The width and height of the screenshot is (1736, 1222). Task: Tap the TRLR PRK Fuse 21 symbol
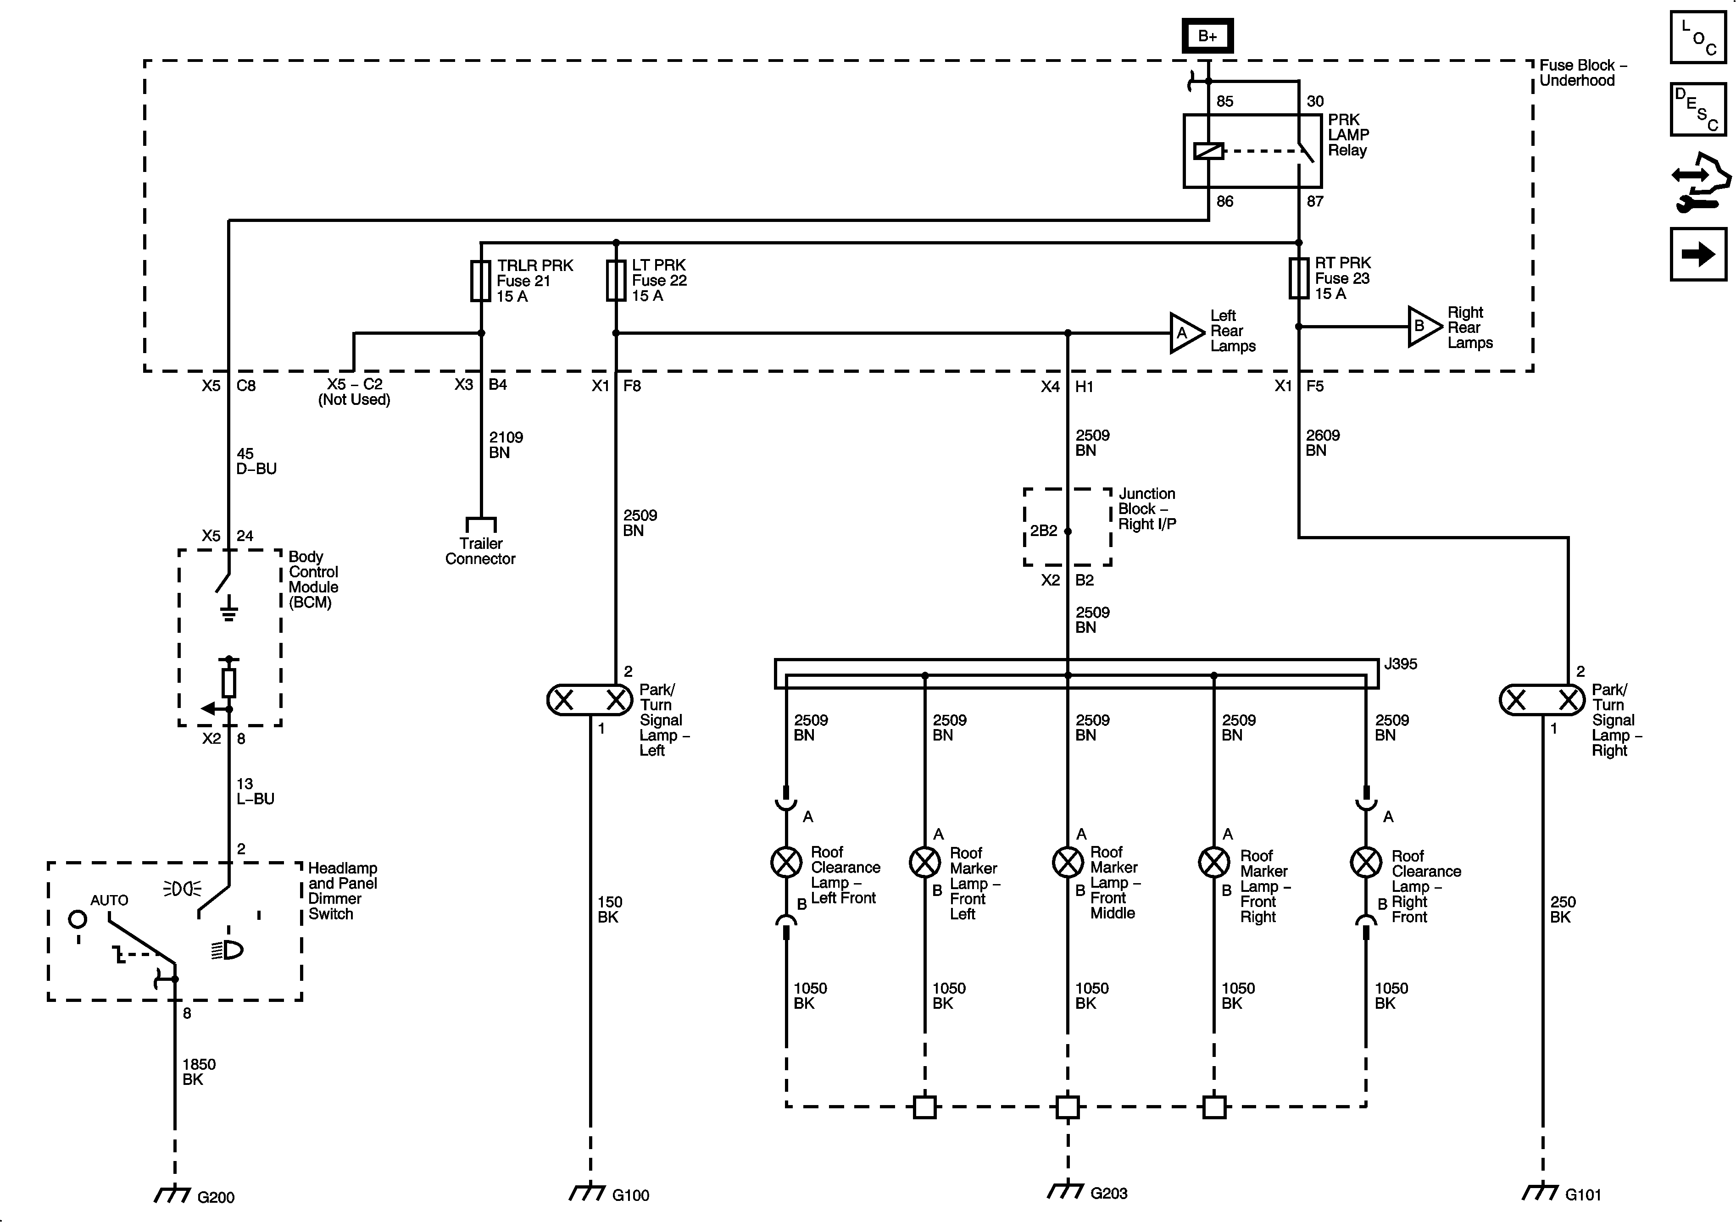[x=481, y=281]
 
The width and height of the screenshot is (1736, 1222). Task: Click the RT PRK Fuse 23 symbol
[x=1299, y=278]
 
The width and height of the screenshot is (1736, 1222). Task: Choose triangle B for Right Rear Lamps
[x=1423, y=326]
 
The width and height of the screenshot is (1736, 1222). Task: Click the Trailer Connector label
[x=480, y=551]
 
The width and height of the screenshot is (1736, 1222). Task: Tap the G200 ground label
[x=216, y=1197]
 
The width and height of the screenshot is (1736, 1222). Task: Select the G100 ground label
[x=631, y=1195]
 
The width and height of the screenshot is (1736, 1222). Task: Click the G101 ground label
[x=1583, y=1195]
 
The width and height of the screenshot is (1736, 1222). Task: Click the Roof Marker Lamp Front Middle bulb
[x=1068, y=862]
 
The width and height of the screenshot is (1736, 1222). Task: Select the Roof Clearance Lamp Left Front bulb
[x=786, y=862]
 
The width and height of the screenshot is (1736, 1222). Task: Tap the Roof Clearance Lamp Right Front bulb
[x=1365, y=862]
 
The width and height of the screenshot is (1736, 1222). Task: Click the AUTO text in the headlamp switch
[x=109, y=900]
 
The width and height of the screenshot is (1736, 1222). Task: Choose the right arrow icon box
[x=1698, y=254]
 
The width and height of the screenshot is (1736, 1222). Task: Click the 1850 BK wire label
[x=198, y=1072]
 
